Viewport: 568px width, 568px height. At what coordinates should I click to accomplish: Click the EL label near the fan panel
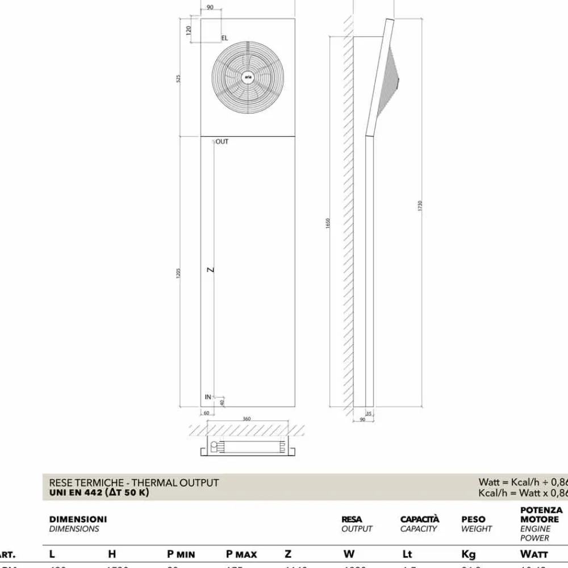[x=224, y=38]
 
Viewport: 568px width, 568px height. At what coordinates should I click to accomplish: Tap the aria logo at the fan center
[x=248, y=77]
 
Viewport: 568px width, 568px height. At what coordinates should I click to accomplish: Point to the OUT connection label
[x=222, y=142]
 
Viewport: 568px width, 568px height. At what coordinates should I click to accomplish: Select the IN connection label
[x=208, y=396]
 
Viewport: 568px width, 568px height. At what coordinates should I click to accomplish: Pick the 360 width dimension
[x=247, y=419]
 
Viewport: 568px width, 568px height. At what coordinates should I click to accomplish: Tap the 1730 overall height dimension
[x=420, y=206]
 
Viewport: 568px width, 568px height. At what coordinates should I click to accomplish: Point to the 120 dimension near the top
[x=189, y=30]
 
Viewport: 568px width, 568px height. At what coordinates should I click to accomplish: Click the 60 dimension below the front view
[x=206, y=413]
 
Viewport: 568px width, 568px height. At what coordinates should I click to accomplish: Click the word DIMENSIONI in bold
[x=78, y=519]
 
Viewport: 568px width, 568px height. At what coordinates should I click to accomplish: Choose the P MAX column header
[x=241, y=554]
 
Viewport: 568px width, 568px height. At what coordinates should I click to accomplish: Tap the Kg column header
[x=469, y=554]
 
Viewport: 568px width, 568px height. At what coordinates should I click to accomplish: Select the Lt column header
[x=407, y=554]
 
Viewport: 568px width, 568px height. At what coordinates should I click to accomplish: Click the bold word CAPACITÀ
[x=420, y=519]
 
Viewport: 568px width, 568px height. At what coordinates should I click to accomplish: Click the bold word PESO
[x=473, y=519]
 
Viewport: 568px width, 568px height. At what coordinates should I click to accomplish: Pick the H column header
[x=112, y=554]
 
